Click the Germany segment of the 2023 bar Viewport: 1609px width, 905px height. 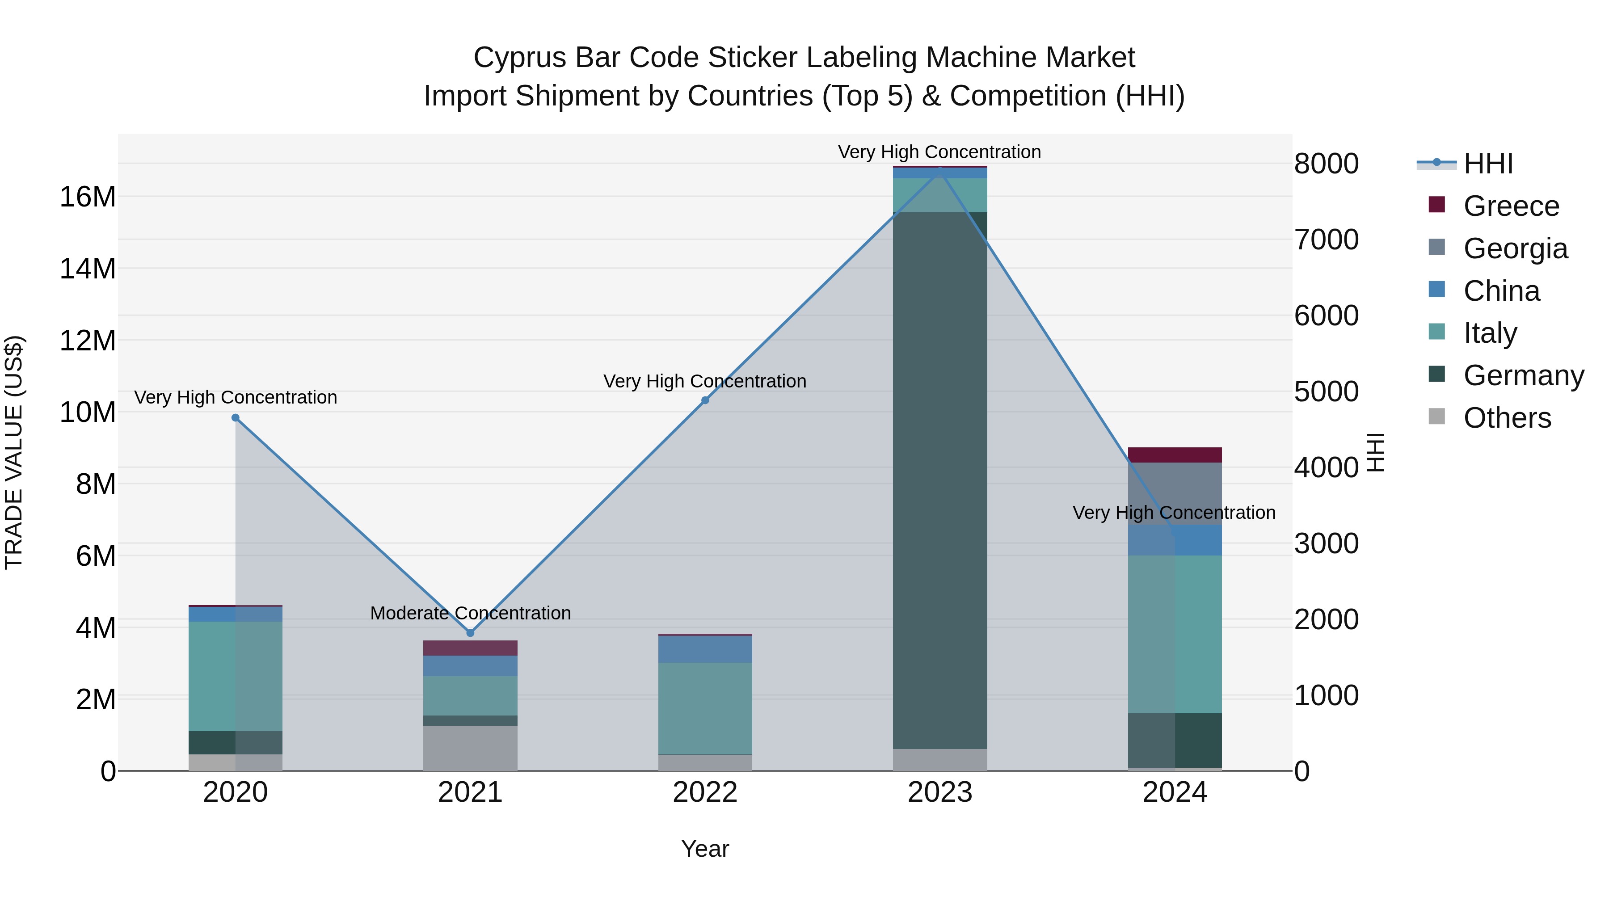tap(939, 481)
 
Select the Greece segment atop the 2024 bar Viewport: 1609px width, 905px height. tap(1174, 455)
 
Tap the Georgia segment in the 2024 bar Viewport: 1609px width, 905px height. tap(1174, 493)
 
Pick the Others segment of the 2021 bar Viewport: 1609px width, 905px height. tap(470, 748)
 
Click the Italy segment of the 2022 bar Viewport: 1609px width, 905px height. tap(705, 708)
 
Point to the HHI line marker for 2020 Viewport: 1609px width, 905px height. tap(236, 418)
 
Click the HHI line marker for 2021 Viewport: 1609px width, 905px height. tap(470, 633)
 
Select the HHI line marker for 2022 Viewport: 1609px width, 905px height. tap(705, 400)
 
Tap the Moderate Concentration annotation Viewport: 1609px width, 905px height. tap(470, 613)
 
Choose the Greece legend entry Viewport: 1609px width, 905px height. tap(1510, 206)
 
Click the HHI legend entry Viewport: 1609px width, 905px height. tap(1487, 164)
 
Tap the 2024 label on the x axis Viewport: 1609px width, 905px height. tap(1174, 792)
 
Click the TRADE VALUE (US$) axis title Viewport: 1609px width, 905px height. tap(14, 452)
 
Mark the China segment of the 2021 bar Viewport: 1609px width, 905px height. tap(470, 666)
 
